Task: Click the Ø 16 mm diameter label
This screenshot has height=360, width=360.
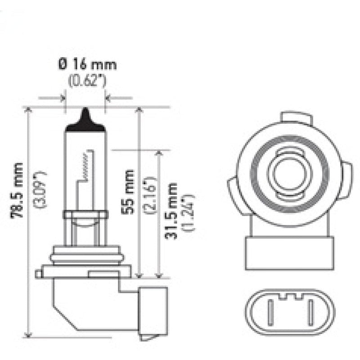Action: pos(87,64)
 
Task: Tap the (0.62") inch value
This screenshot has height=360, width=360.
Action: pos(87,81)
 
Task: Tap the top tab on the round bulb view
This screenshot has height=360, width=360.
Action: pos(296,118)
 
